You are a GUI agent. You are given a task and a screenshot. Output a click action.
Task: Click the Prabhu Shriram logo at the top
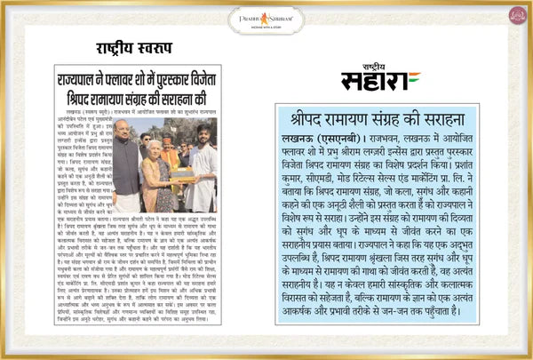(x=266, y=17)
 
